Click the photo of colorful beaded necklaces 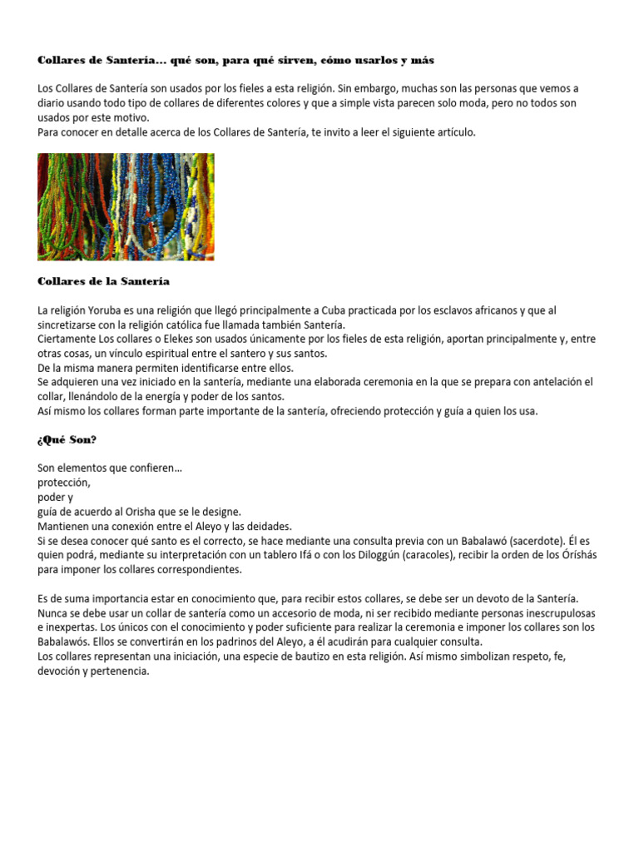126,206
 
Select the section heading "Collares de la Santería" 103,281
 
